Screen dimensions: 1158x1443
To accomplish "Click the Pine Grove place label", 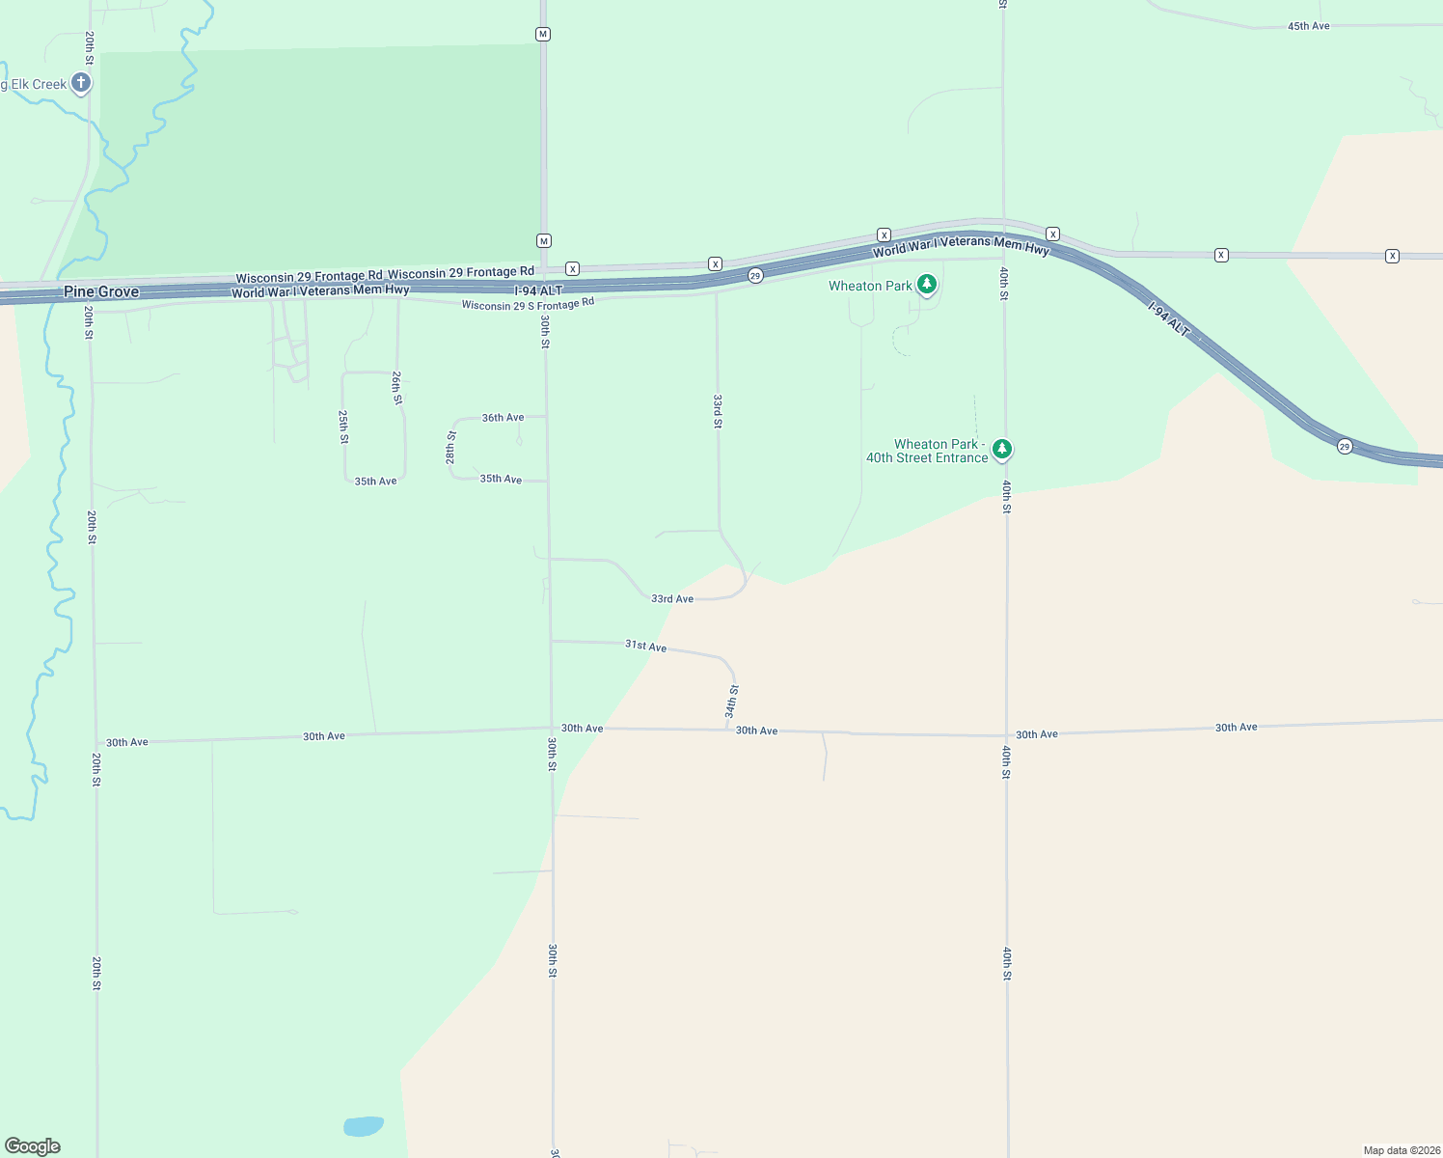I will click(101, 291).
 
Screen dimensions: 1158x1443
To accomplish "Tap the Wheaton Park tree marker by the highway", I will click(927, 284).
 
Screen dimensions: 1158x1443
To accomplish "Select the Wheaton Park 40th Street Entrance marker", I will click(1002, 449).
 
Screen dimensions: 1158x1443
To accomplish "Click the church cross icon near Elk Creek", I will click(81, 83).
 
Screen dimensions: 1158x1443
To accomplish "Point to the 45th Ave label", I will click(1308, 26).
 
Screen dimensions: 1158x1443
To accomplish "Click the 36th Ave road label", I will click(503, 418).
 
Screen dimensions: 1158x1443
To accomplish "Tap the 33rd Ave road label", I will click(672, 599).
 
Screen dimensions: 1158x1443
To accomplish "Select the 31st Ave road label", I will click(645, 646).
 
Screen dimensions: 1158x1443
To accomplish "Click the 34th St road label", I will click(732, 702).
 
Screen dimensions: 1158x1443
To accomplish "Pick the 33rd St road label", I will click(718, 410).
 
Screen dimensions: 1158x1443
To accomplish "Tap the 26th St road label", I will click(396, 387).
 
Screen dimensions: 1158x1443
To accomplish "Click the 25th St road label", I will click(343, 427).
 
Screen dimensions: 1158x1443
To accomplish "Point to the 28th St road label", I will click(450, 448).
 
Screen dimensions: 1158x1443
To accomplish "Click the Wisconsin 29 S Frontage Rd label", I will click(528, 304).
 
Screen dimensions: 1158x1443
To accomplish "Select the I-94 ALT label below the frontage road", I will click(538, 290).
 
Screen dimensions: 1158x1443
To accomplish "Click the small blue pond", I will click(364, 1126).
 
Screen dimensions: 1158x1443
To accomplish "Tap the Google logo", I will click(33, 1146).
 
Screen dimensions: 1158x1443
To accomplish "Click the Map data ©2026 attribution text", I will click(1401, 1150).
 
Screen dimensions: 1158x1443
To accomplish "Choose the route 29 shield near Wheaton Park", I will click(755, 276).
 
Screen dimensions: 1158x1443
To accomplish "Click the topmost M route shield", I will click(543, 34).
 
